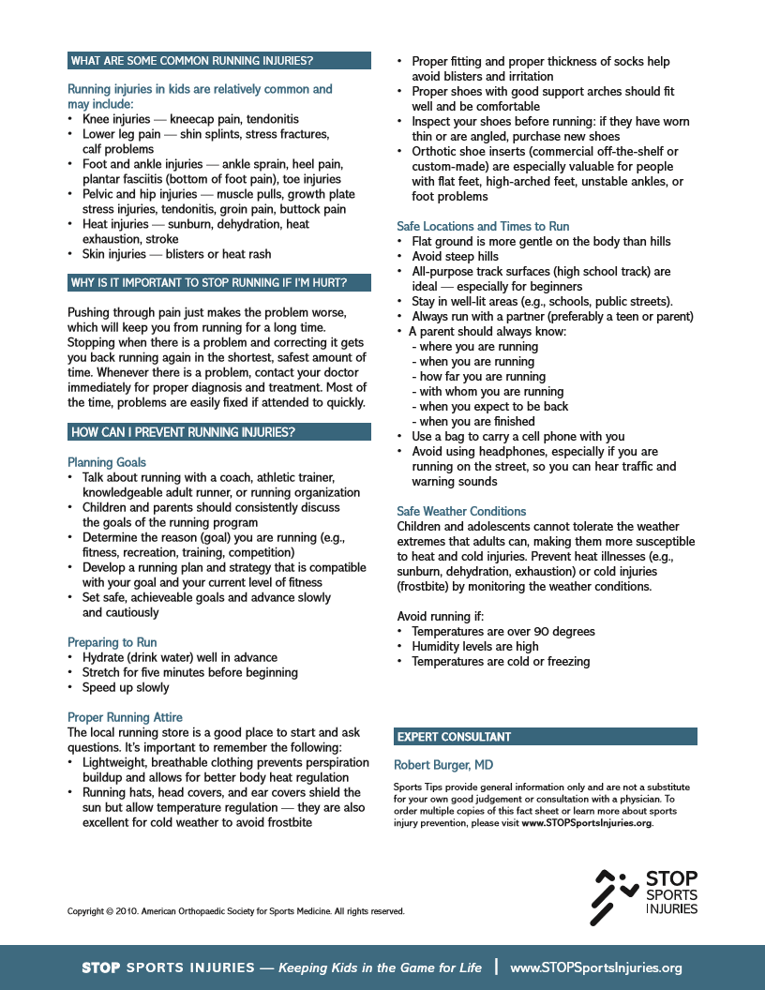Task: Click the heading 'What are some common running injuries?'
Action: [191, 61]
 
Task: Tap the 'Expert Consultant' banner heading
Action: [454, 737]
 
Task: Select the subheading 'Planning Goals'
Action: [107, 462]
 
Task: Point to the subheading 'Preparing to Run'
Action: [112, 642]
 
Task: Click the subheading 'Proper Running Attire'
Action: [125, 717]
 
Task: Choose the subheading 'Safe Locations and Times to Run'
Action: [483, 226]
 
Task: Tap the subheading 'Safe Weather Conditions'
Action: [461, 511]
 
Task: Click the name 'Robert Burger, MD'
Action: [443, 765]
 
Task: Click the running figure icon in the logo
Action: [614, 896]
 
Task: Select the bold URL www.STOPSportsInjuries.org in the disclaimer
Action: [587, 823]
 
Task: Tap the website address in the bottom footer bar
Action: [596, 967]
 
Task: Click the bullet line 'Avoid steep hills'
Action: [455, 256]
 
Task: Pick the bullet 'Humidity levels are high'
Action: [474, 646]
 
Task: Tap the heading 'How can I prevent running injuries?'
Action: [183, 432]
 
